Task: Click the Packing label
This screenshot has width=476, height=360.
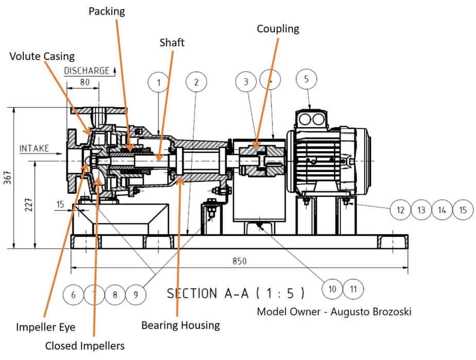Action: coord(107,11)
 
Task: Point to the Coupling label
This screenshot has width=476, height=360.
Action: coord(278,28)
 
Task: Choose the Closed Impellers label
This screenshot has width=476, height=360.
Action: coord(84,345)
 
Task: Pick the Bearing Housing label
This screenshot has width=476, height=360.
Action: coord(180,325)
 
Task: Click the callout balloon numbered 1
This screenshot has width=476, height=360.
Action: coord(159,82)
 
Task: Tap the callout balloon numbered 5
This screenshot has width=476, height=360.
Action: coord(307,80)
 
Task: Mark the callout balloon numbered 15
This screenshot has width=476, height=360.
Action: coord(463,210)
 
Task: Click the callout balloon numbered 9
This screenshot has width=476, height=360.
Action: coord(135,295)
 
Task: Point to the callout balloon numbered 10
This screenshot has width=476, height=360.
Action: coord(332,289)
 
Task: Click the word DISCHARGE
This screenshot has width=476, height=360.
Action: coord(87,71)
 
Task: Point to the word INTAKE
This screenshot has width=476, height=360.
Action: coord(34,148)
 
